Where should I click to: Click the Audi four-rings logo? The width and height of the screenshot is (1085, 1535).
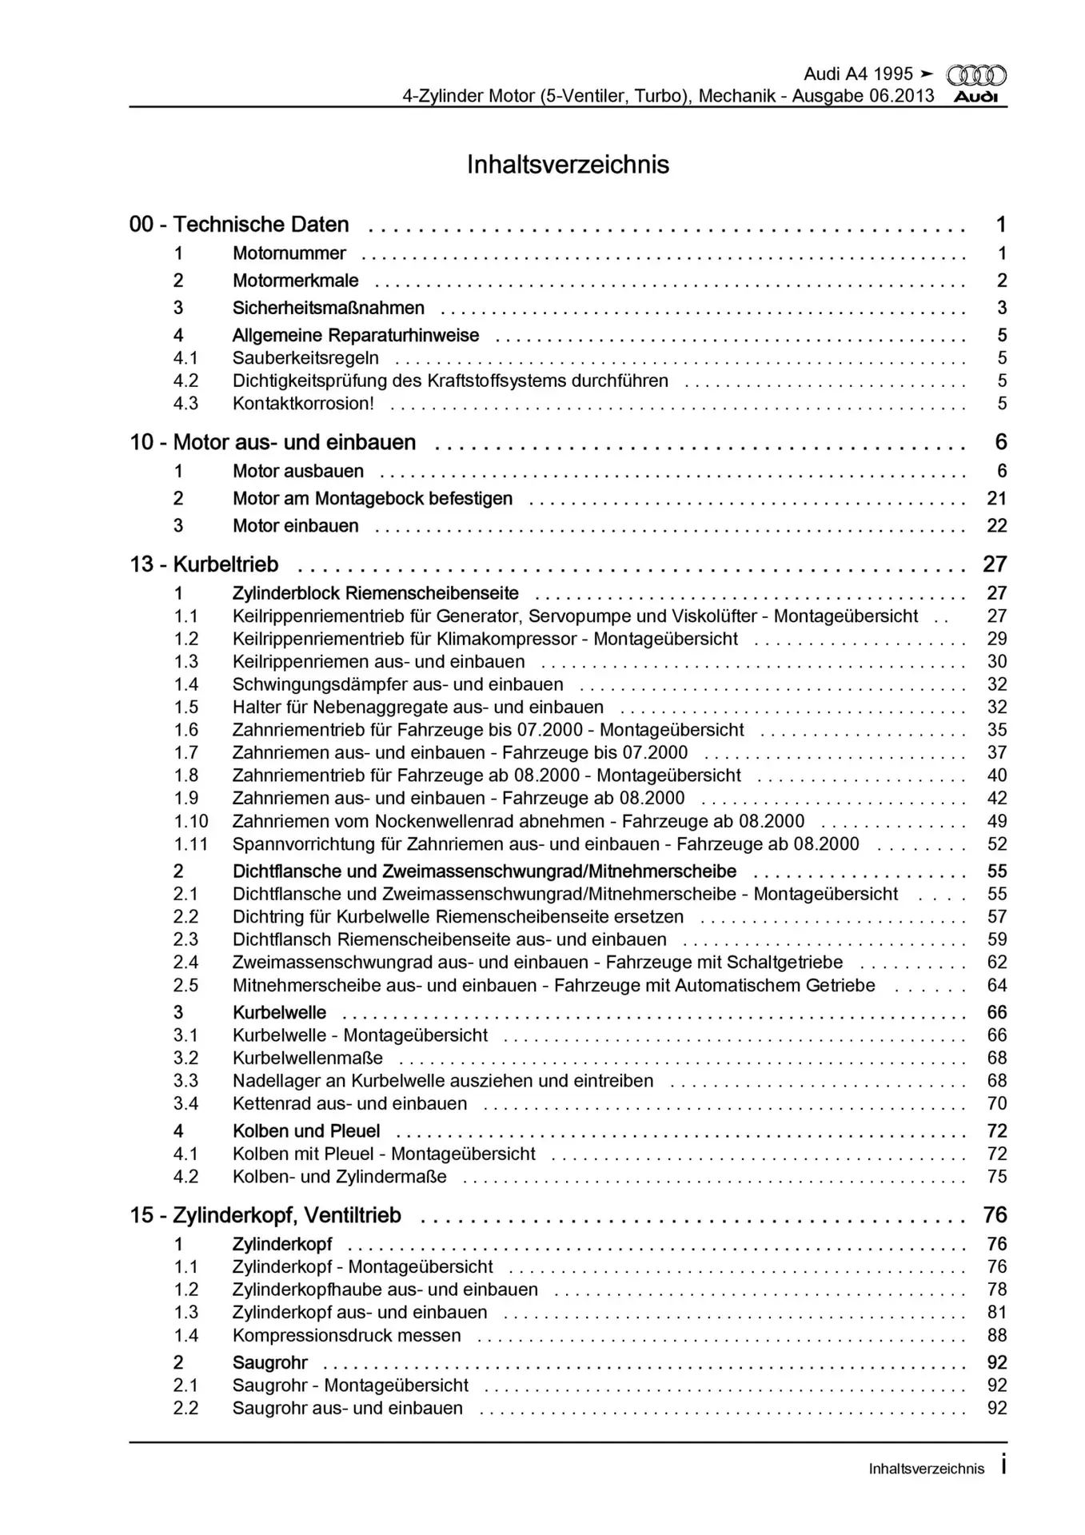(976, 76)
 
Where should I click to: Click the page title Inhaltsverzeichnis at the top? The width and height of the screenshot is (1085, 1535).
(568, 165)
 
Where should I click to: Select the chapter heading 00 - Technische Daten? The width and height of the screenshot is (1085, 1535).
(239, 225)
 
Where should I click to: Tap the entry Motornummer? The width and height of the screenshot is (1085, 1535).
(289, 253)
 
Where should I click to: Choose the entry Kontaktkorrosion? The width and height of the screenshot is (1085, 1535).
(303, 404)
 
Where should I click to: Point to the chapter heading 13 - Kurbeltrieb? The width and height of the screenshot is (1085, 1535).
(204, 564)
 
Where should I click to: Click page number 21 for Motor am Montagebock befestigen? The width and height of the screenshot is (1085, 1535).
(996, 499)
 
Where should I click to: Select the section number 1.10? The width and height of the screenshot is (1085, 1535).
(191, 822)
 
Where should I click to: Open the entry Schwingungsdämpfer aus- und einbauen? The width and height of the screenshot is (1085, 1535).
(397, 685)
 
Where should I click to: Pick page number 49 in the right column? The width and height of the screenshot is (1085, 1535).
(996, 822)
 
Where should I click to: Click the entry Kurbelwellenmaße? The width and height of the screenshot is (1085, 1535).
(308, 1059)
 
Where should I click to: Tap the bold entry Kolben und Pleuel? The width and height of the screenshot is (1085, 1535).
(306, 1131)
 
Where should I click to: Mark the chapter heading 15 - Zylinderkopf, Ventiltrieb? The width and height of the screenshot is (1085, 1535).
(265, 1216)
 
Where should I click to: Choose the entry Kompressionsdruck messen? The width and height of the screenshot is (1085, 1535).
(346, 1336)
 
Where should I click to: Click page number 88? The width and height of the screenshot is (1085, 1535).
(996, 1336)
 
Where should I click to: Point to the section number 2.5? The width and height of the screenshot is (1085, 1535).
(185, 986)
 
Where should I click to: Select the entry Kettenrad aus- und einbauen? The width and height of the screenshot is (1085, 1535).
(349, 1104)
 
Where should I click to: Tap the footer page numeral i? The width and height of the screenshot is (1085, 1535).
(1003, 1467)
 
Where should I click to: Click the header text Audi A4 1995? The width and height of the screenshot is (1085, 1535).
(858, 74)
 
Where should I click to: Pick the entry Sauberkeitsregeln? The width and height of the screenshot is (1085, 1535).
(305, 358)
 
